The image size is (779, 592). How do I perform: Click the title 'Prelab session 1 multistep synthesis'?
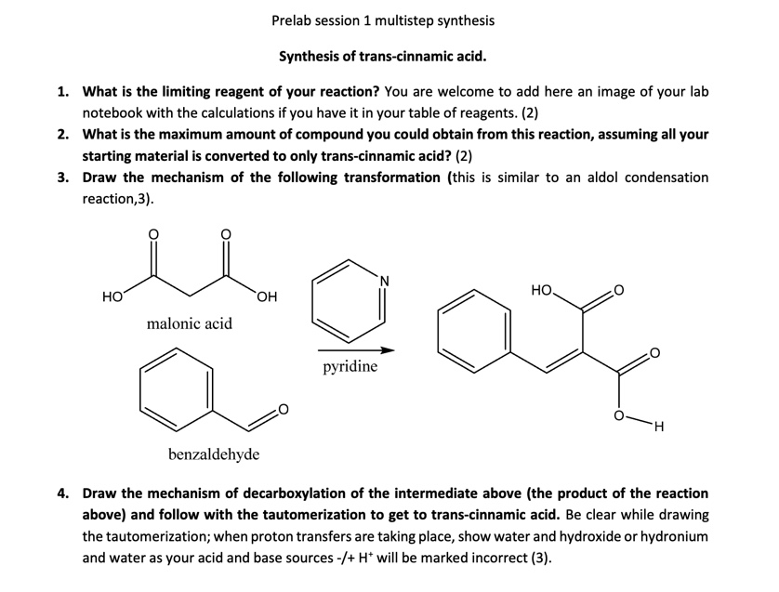[383, 20]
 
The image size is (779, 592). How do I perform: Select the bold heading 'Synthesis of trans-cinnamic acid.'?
[382, 57]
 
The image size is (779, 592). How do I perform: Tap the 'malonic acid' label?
[190, 323]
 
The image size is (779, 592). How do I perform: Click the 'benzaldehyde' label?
[214, 454]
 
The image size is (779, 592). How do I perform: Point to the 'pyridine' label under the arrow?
[350, 366]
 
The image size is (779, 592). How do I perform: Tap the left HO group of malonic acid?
[112, 296]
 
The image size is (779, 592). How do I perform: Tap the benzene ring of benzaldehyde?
[177, 386]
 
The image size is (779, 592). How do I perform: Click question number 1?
[62, 92]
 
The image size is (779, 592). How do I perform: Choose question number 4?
[62, 493]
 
